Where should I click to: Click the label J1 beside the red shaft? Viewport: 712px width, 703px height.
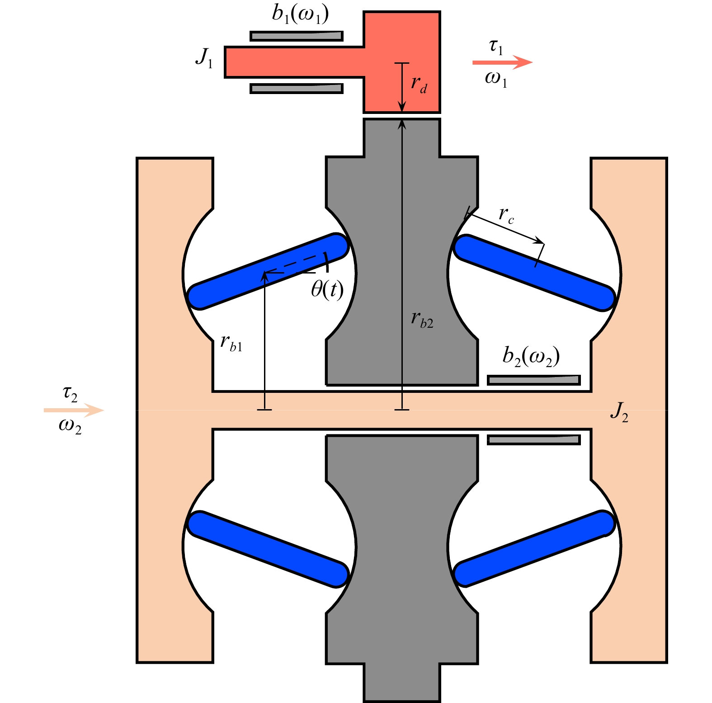point(204,58)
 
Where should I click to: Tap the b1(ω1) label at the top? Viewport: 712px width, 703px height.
point(300,14)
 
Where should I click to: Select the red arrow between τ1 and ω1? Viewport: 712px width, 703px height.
point(502,62)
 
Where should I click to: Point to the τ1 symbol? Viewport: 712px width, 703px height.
point(496,47)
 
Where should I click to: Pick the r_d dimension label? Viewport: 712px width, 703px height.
point(419,85)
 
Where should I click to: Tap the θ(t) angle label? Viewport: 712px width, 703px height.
point(327,289)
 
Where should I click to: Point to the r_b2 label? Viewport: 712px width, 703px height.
point(422,320)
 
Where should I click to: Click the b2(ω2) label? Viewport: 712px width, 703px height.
point(531,356)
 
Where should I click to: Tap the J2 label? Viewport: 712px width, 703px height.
point(619,411)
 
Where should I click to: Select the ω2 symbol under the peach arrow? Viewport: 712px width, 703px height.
point(70,426)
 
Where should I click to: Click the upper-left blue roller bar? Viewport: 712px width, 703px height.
point(268,271)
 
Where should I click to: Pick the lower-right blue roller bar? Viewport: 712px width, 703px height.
point(534,549)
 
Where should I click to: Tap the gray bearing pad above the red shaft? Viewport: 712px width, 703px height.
point(297,36)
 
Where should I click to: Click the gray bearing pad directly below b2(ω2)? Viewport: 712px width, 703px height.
point(533,380)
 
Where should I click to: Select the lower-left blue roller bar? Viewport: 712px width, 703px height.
point(268,549)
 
